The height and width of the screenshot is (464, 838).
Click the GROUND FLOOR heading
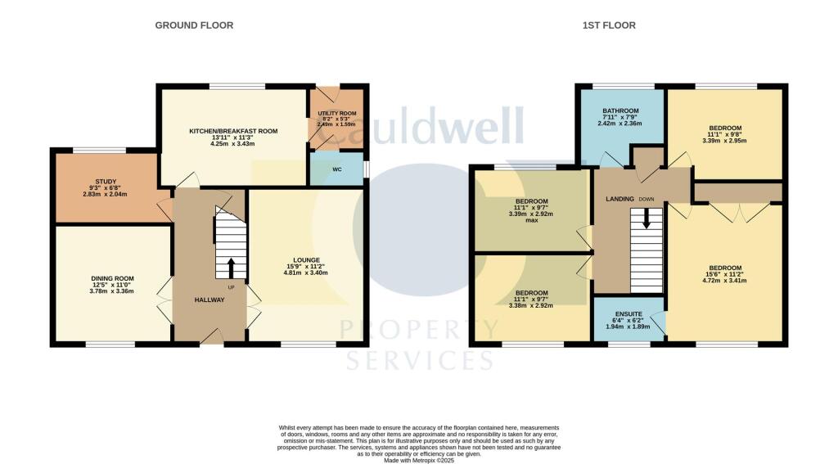coord(194,25)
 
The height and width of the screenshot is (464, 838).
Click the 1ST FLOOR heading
coord(609,25)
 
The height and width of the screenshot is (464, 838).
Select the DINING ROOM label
coord(112,279)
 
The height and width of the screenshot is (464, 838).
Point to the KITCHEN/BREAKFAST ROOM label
coord(233,131)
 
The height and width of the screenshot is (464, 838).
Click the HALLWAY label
coord(209,300)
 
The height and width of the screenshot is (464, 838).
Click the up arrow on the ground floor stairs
coord(230,267)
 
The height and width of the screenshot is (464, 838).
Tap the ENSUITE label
coord(628,313)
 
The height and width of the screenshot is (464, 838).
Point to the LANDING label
coord(619,199)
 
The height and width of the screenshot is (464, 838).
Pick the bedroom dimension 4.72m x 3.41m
coord(725,281)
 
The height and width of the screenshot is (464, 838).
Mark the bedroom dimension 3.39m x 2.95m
coord(725,140)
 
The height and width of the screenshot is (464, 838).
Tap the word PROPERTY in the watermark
coord(418,331)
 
